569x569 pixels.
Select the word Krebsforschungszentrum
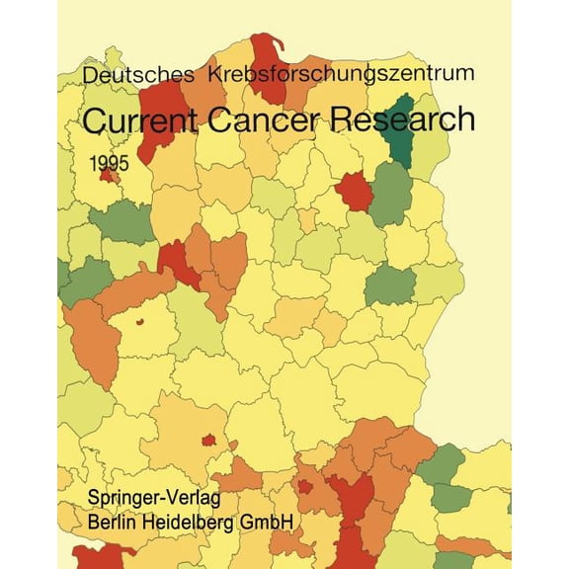pyautogui.click(x=335, y=73)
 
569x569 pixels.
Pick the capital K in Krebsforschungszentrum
pyautogui.click(x=225, y=73)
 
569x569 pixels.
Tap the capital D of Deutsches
pyautogui.click(x=91, y=73)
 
